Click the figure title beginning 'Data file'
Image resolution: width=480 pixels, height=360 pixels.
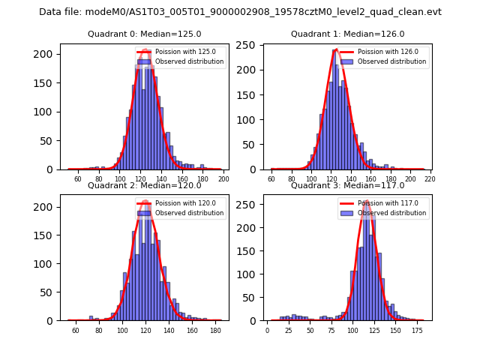240,12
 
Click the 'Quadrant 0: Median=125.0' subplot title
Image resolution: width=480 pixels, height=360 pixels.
144,34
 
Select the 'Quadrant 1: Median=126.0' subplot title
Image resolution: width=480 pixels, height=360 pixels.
347,34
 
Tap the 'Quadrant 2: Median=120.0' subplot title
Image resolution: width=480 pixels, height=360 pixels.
144,185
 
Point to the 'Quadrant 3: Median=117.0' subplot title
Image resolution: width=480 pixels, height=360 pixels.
347,185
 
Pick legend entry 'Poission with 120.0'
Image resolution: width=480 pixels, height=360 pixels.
181,203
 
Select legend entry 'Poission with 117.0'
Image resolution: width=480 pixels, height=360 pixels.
385,203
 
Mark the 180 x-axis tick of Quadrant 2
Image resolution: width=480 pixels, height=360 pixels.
214,330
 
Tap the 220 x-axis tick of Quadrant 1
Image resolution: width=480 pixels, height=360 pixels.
430,179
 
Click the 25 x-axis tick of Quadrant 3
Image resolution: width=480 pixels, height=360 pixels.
289,330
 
